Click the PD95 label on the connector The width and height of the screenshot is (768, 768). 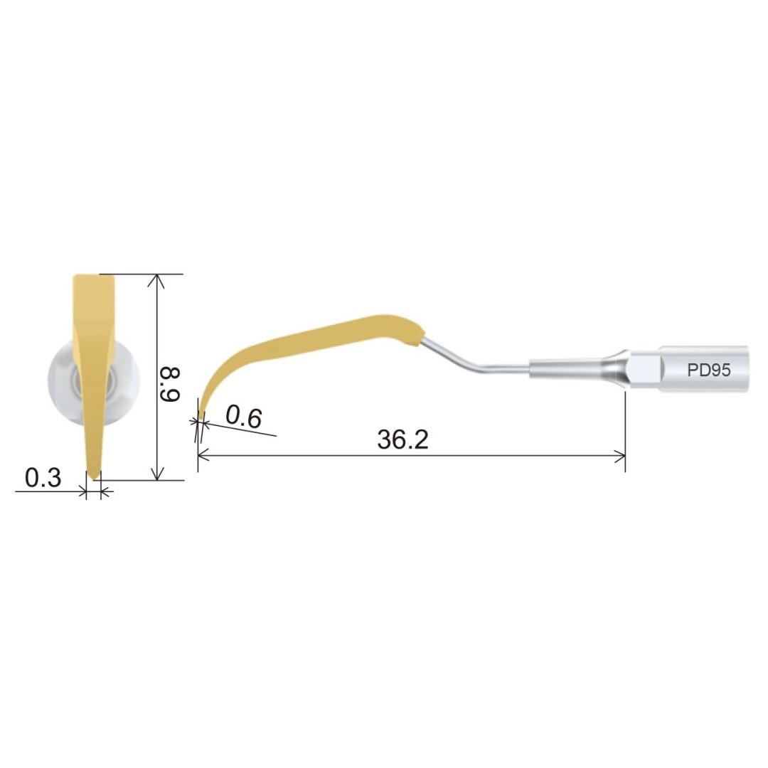point(709,370)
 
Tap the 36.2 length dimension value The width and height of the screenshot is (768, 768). point(402,440)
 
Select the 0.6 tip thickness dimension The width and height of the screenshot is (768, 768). point(244,418)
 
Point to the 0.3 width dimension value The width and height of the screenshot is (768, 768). point(43,478)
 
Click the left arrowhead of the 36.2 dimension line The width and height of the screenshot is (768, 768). point(203,457)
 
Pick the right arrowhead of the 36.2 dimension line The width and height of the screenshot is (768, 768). point(619,457)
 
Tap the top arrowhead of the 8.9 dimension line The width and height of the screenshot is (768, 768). point(156,279)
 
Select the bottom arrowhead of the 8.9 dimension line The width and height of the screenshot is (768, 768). point(156,474)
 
